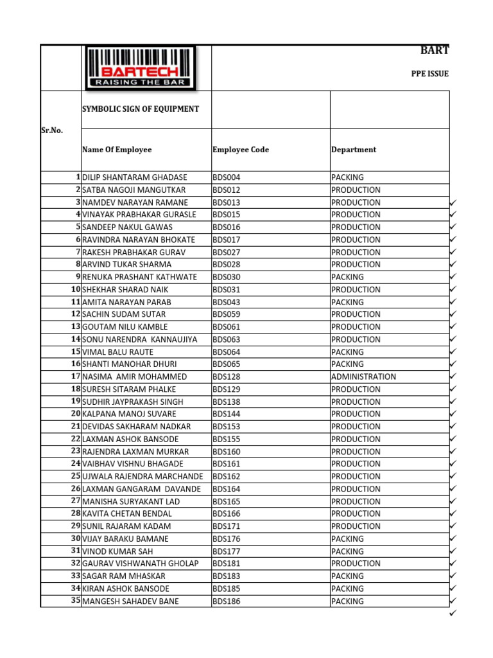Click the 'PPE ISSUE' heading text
[429, 74]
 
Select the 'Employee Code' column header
[241, 150]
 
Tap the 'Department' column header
[354, 150]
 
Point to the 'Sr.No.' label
[52, 130]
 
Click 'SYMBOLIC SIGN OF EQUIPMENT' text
[140, 109]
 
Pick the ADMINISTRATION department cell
[363, 377]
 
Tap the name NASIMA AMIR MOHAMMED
[135, 377]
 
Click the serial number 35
[76, 601]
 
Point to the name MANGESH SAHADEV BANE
[131, 601]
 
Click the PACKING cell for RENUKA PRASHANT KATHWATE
[347, 277]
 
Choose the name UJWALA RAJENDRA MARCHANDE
[143, 477]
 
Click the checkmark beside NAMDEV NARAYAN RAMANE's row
[453, 202]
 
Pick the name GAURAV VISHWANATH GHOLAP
[141, 564]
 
